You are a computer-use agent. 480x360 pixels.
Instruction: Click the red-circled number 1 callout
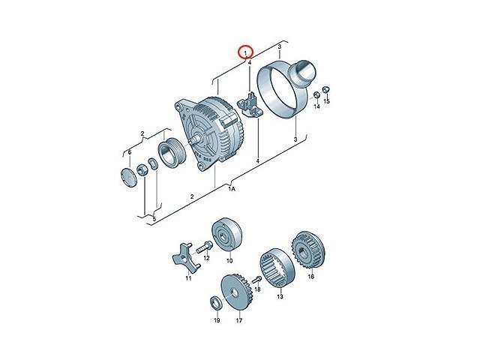(245, 52)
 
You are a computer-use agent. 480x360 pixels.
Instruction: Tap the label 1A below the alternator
(232, 189)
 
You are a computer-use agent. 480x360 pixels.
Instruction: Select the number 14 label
(316, 106)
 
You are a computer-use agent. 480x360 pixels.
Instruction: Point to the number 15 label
(327, 101)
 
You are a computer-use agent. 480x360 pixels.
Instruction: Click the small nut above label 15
(326, 90)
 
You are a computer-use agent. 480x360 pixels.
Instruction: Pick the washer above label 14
(317, 95)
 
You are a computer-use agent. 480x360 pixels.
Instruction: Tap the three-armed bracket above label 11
(186, 258)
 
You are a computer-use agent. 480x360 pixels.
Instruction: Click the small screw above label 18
(256, 279)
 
